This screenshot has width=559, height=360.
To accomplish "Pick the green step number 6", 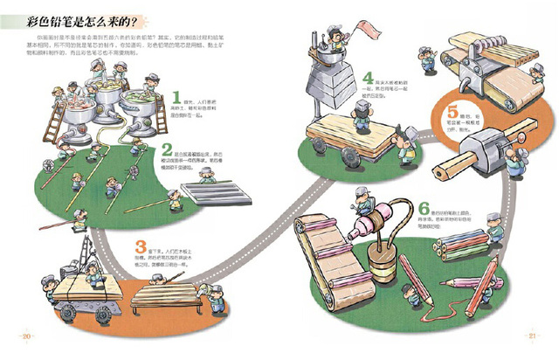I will (x=424, y=209).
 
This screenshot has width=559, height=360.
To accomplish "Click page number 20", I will (x=27, y=336).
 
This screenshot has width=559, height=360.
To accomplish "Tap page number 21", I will (x=532, y=336).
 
